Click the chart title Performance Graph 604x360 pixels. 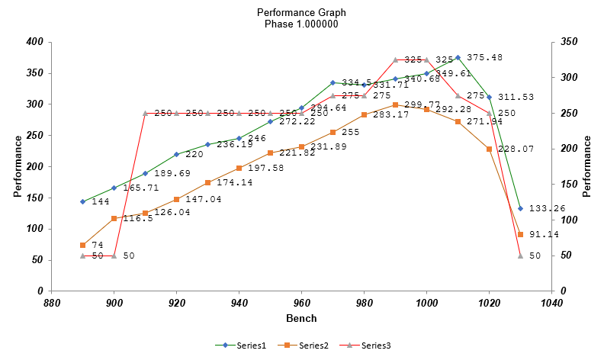301,13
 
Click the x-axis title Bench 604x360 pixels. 301,317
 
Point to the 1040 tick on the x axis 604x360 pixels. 551,302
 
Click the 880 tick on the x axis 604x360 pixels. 52,302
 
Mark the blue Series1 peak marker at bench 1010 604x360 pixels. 458,57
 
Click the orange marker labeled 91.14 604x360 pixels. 520,234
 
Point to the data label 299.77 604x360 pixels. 422,104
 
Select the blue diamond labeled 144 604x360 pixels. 82,201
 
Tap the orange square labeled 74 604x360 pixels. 82,245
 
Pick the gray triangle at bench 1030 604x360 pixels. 520,256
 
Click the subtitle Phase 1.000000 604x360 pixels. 301,24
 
